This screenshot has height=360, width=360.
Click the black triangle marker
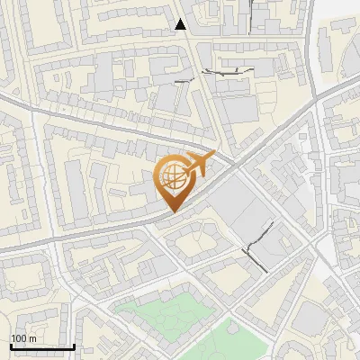point(181,24)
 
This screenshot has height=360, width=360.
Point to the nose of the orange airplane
point(215,154)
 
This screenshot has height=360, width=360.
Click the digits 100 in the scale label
point(20,338)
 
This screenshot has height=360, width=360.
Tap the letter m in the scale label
point(32,338)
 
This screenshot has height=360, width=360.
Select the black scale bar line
point(42,346)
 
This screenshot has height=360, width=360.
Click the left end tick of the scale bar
point(11,345)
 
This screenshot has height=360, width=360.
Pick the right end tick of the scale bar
point(75,345)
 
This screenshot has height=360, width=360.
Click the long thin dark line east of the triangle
point(229,70)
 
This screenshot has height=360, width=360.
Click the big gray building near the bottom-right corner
point(310,319)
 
